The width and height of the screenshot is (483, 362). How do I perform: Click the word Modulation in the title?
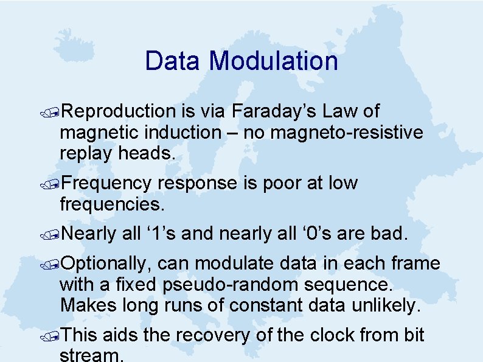coord(273,61)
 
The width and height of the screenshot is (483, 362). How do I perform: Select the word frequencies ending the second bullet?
coord(112,204)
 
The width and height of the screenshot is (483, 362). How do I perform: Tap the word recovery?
coord(222,335)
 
